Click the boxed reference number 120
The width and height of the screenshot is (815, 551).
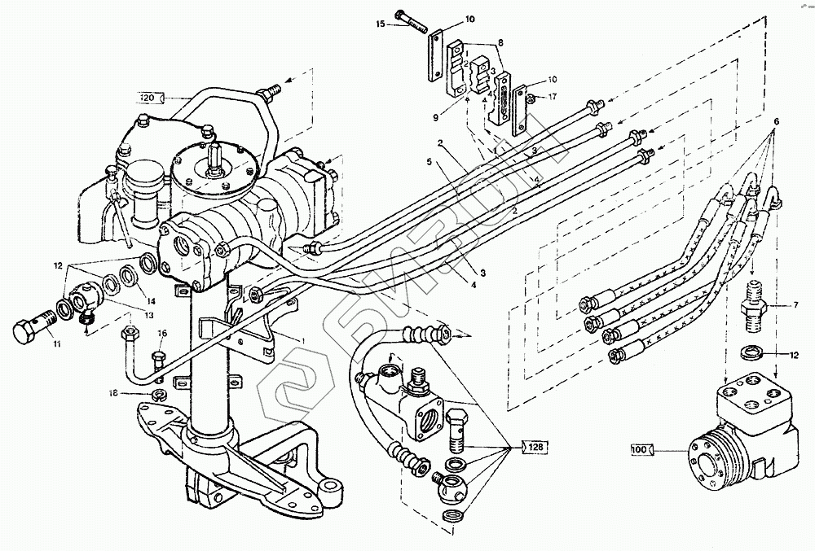click(148, 98)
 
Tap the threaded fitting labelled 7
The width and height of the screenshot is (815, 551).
click(755, 305)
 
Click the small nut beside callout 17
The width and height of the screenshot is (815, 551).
click(531, 98)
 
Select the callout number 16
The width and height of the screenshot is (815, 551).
click(161, 334)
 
